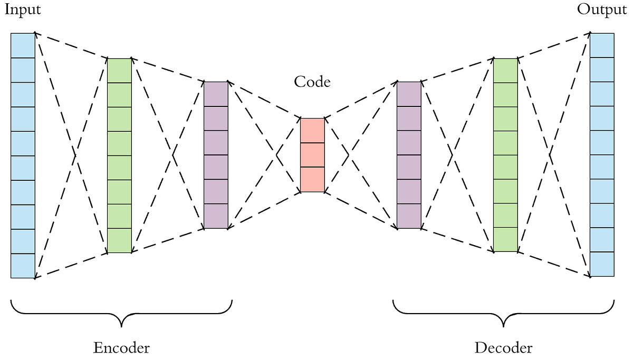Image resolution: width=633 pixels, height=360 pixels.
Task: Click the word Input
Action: click(x=22, y=9)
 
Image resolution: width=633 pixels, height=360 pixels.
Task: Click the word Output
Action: click(x=601, y=9)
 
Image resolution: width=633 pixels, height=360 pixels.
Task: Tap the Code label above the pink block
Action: click(x=312, y=82)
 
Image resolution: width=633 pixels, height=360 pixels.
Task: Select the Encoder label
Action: click(x=121, y=348)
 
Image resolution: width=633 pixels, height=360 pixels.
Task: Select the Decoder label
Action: click(x=503, y=348)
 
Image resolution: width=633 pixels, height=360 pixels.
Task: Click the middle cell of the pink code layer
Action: click(x=312, y=155)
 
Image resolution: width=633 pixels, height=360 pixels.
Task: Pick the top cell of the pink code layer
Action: click(x=312, y=130)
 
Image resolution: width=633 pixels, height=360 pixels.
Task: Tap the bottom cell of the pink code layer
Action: click(x=312, y=179)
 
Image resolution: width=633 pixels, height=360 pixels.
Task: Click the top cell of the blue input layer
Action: click(x=23, y=45)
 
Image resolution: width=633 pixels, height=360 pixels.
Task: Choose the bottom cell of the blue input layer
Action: click(x=23, y=266)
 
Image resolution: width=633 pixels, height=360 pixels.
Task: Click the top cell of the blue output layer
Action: click(x=602, y=45)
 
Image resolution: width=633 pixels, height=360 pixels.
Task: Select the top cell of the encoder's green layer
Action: click(x=119, y=71)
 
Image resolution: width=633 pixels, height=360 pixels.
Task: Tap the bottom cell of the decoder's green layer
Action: click(x=505, y=240)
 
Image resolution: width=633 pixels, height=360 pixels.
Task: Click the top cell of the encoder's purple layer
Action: click(x=216, y=94)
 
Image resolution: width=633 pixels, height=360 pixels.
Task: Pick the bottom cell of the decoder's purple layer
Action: click(x=409, y=216)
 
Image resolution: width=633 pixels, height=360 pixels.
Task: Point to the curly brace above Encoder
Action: click(x=121, y=314)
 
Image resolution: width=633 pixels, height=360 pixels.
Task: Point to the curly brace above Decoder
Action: click(x=504, y=314)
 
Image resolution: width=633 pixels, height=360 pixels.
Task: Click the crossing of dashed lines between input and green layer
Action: click(x=77, y=155)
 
